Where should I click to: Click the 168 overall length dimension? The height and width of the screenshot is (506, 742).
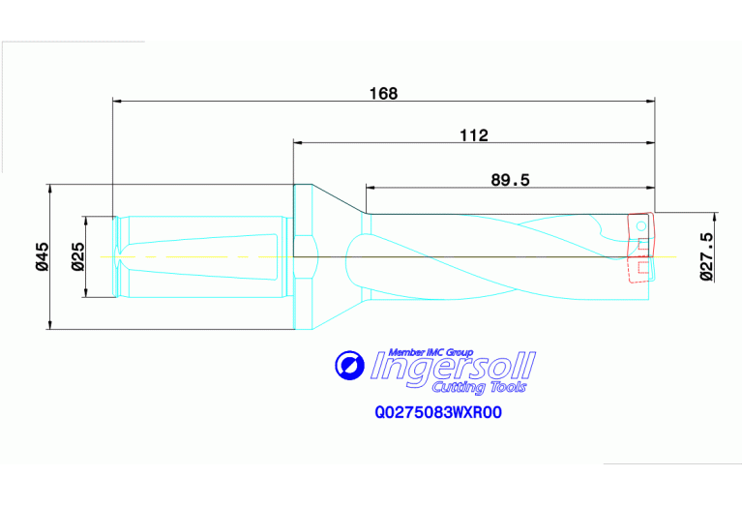[x=384, y=93]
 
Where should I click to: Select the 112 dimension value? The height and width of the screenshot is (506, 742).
[x=473, y=135]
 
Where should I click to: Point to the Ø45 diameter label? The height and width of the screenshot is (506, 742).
[x=42, y=256]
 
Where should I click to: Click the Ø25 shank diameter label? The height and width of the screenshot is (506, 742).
[x=78, y=256]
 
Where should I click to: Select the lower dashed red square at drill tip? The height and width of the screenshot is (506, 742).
[x=642, y=268]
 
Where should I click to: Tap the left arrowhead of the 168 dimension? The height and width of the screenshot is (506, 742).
[x=118, y=100]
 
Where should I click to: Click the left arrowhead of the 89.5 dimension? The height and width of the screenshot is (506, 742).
[x=370, y=187]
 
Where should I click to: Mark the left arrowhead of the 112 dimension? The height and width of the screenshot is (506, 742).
[x=299, y=142]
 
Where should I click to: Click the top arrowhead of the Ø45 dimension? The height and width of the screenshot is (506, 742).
[x=49, y=188]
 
